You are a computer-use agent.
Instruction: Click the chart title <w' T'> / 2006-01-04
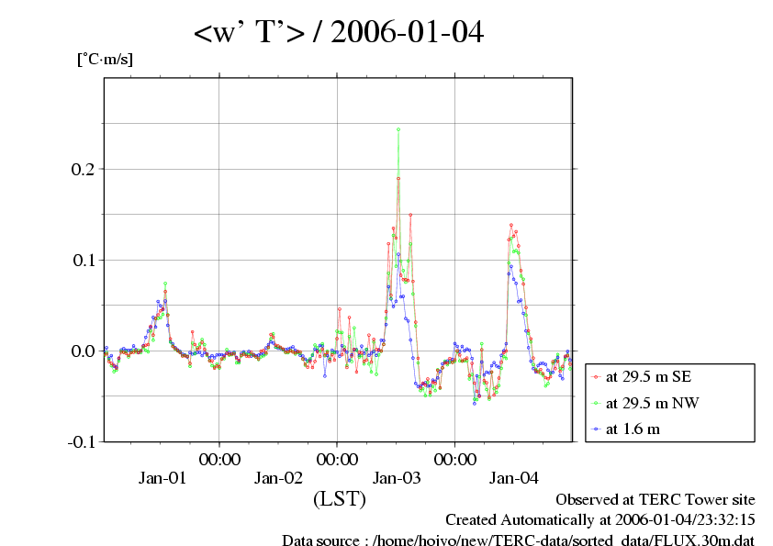coord(338,33)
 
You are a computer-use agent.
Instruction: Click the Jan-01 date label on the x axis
coord(162,477)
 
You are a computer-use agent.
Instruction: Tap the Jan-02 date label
coord(278,477)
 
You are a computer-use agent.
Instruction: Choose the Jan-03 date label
coord(396,477)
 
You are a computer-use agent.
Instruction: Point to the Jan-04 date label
coord(513,477)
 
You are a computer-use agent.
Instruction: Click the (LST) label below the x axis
coord(340,499)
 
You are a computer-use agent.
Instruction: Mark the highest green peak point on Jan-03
coord(398,129)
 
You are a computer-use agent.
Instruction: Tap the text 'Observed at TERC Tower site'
coord(655,499)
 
